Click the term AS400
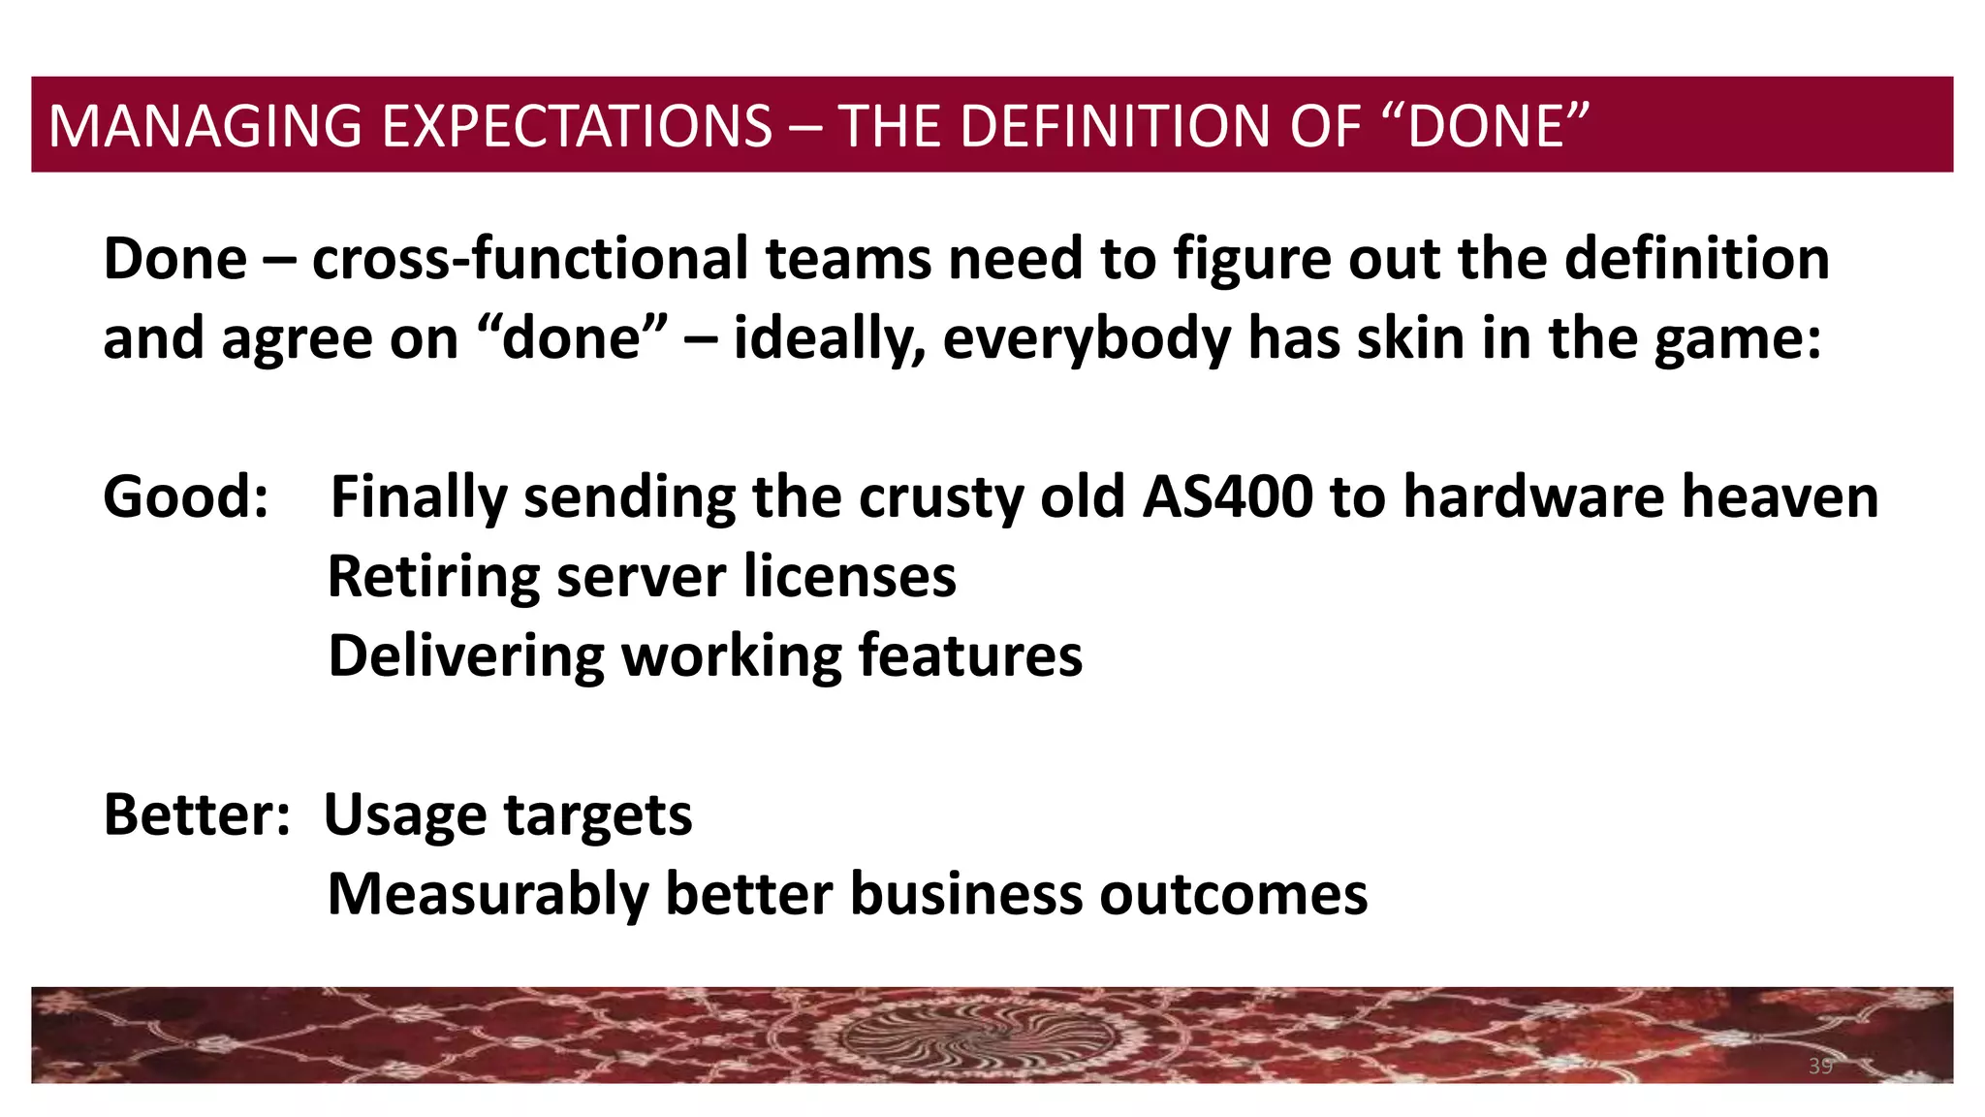coord(1227,497)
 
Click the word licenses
coord(850,577)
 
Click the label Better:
coord(197,814)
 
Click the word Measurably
coord(488,895)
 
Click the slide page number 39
coord(1820,1067)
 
